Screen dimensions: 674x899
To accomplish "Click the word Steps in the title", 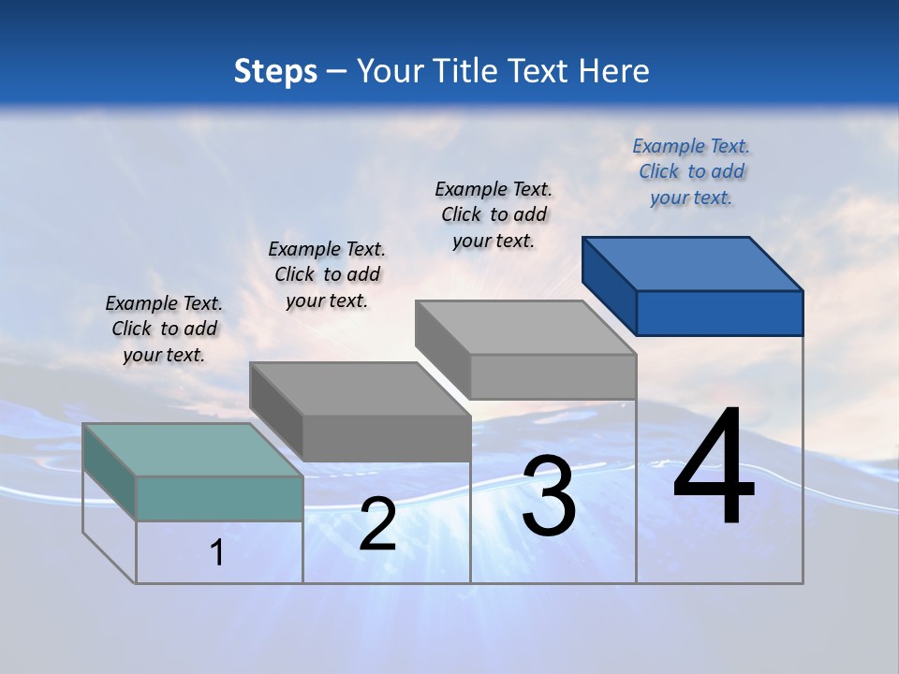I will coord(274,71).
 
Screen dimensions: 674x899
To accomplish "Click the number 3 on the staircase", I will coord(549,496).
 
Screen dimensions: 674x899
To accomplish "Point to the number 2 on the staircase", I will coord(377,524).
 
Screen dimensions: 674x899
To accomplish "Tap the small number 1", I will coord(217,552).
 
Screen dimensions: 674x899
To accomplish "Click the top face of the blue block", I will coord(693,263).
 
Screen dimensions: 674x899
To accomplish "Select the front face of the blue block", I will coord(719,313).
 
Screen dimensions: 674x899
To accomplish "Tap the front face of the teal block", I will coord(219,498).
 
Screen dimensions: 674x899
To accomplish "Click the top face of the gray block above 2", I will coord(360,388).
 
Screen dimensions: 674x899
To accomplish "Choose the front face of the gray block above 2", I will coord(386,438).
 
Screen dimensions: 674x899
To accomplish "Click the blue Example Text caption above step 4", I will coord(691,171).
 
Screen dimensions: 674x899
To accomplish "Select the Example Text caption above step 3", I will coord(494,214).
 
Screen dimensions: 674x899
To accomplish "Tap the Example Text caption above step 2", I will coord(327,274).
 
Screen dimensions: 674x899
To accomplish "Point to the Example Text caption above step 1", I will coord(164,329).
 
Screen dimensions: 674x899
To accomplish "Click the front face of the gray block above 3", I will coord(553,376).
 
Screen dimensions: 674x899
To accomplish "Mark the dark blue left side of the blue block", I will coord(609,286).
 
